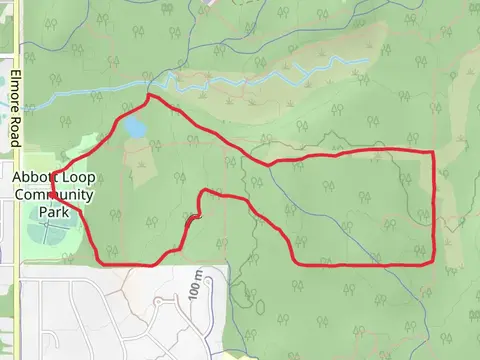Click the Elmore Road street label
[x=16, y=109]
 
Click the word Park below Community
[x=53, y=212]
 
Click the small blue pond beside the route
[x=133, y=128]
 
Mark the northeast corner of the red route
[x=432, y=152]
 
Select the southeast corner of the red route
[x=431, y=262]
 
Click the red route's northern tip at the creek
[x=149, y=96]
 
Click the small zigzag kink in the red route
[x=194, y=216]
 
